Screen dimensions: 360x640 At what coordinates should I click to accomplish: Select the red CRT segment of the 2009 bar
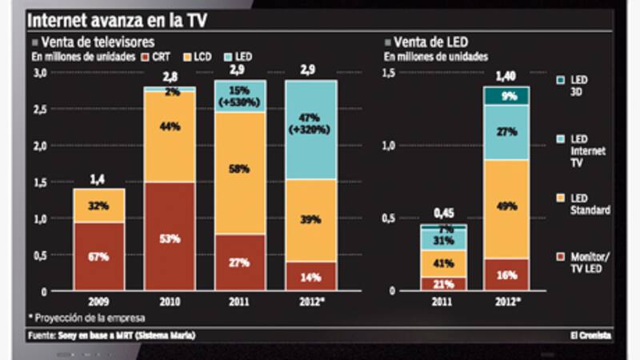(99, 256)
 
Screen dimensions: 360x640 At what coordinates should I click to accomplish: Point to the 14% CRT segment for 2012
(310, 277)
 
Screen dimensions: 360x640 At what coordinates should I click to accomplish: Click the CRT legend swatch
(144, 57)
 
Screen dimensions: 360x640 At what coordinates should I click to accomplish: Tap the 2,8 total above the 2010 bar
(170, 76)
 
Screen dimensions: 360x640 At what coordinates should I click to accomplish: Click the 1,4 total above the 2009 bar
(99, 178)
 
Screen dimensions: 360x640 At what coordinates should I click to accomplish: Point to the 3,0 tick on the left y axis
(39, 73)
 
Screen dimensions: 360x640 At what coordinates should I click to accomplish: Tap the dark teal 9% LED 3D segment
(506, 96)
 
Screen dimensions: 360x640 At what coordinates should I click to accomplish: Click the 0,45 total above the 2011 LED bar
(443, 213)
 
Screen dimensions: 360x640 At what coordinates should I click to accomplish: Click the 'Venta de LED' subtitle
(430, 40)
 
